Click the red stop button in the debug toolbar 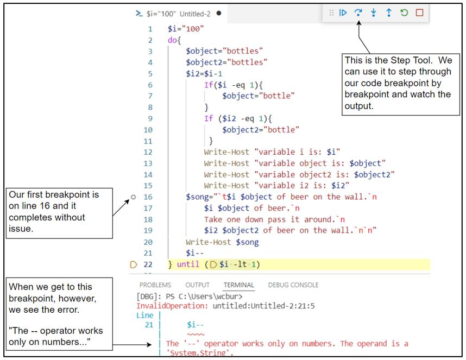419,12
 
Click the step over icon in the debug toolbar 358,12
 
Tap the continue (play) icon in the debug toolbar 343,12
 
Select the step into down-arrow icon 374,12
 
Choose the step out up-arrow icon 389,12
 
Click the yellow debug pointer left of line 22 134,264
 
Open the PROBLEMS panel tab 155,285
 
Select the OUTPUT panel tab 197,285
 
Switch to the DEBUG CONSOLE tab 293,285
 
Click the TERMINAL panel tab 238,285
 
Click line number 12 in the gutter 148,152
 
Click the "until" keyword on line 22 188,264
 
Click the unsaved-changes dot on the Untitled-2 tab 218,14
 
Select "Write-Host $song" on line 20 222,242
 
